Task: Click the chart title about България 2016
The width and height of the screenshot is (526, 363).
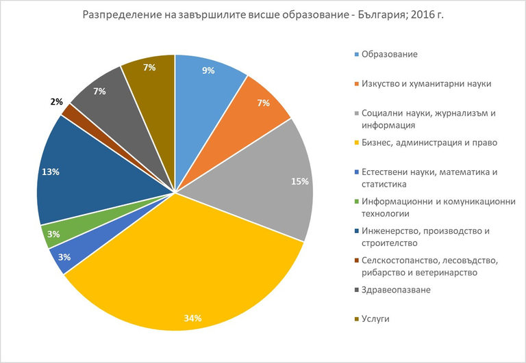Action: coord(263,14)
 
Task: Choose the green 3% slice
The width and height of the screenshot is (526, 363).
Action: coord(52,234)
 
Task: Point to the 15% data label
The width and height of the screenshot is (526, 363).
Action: coord(299,182)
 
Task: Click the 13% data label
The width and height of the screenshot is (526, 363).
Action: coord(51,172)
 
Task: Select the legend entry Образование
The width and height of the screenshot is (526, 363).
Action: coord(390,54)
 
